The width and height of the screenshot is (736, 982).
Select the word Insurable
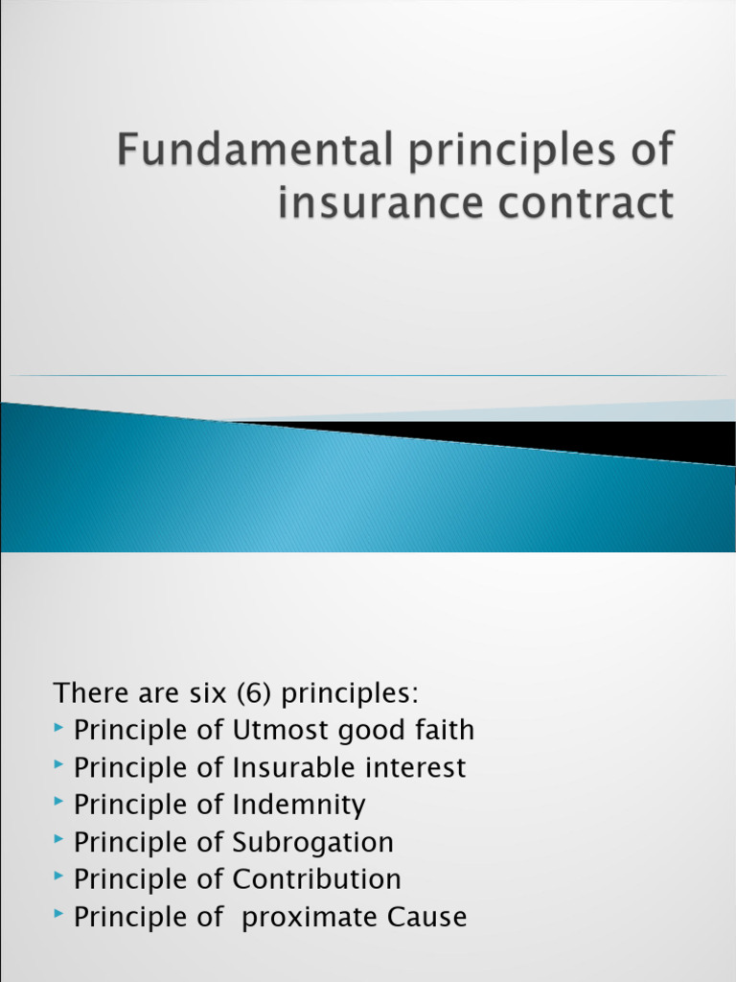coord(289,768)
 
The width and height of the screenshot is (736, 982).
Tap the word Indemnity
coord(299,806)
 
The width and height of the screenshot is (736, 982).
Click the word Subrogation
coord(312,843)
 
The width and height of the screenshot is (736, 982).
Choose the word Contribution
coord(316,879)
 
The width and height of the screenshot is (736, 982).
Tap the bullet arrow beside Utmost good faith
coord(60,730)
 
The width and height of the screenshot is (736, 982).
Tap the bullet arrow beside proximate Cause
coord(60,916)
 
